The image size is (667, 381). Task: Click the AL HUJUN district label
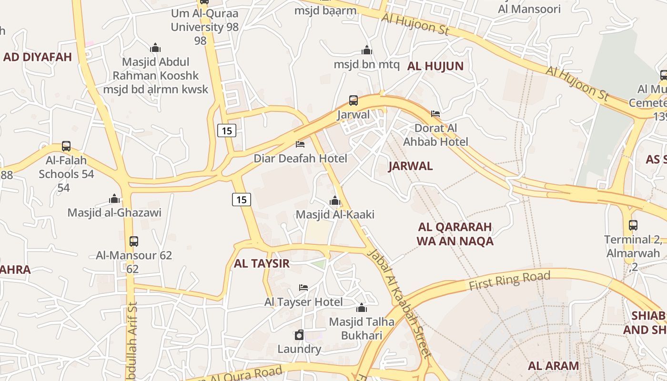pos(435,66)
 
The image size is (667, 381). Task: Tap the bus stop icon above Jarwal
pos(353,100)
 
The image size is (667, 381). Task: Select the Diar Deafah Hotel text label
pos(300,158)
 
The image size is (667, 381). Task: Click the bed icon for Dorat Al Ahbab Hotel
pos(435,114)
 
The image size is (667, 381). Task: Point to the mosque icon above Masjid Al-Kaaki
pos(335,201)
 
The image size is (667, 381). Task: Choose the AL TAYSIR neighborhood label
pos(262,263)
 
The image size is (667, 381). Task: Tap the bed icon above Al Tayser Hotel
pos(303,287)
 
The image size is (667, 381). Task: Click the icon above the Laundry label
pos(299,335)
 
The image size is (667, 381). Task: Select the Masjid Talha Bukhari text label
pos(362,329)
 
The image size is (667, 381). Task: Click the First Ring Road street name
pos(509,281)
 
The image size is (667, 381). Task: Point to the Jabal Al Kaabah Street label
pos(399,303)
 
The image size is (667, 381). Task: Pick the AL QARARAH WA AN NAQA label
pos(455,234)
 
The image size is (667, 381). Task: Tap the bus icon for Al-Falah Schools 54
pos(66,146)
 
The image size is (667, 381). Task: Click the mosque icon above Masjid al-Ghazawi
pos(114,199)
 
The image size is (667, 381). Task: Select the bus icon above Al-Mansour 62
pos(134,241)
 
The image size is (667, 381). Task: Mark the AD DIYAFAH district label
pos(37,57)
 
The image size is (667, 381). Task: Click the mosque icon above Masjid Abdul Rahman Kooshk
pos(155,48)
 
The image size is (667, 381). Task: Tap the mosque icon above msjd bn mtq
pos(366,50)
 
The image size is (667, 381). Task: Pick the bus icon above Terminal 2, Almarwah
pos(633,225)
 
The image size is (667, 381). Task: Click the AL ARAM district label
pos(553,366)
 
